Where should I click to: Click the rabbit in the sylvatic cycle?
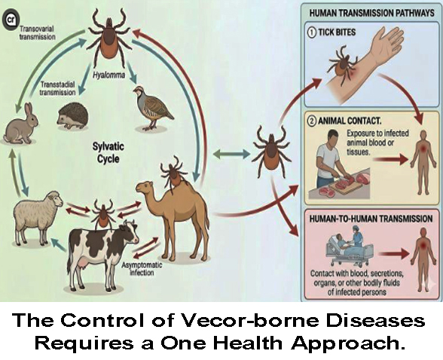point(20,124)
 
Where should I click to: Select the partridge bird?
point(151,107)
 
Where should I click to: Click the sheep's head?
point(56,198)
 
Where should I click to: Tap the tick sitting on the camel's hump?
point(173,172)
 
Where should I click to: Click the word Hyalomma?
point(108,75)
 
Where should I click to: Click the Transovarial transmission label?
point(38,32)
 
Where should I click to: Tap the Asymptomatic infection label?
point(142,269)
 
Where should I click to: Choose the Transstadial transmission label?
point(57,88)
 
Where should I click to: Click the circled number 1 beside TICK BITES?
point(312,32)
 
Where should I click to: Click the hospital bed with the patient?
point(350,249)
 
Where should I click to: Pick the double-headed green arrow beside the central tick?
point(231,154)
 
